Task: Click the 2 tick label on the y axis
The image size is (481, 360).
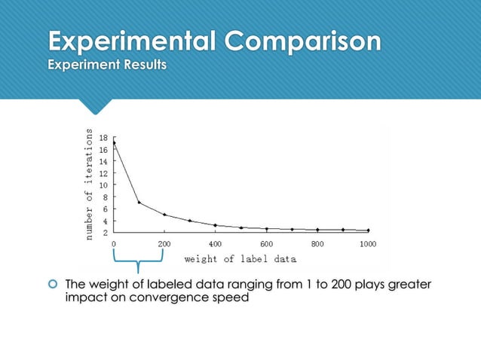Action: click(106, 233)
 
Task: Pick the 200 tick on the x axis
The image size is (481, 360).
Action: click(164, 244)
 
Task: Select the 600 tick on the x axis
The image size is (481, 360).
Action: click(266, 244)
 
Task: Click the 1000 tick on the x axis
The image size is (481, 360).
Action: click(368, 244)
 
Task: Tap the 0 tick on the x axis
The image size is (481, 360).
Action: click(114, 244)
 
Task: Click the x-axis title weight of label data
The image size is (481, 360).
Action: click(240, 259)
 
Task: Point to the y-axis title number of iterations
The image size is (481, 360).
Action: click(89, 185)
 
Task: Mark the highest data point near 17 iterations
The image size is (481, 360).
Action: click(114, 142)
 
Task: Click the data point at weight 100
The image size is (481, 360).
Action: click(139, 202)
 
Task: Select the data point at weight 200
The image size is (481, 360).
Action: click(164, 215)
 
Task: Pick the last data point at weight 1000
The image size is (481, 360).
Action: click(368, 230)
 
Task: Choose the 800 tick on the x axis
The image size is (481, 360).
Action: click(317, 244)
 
